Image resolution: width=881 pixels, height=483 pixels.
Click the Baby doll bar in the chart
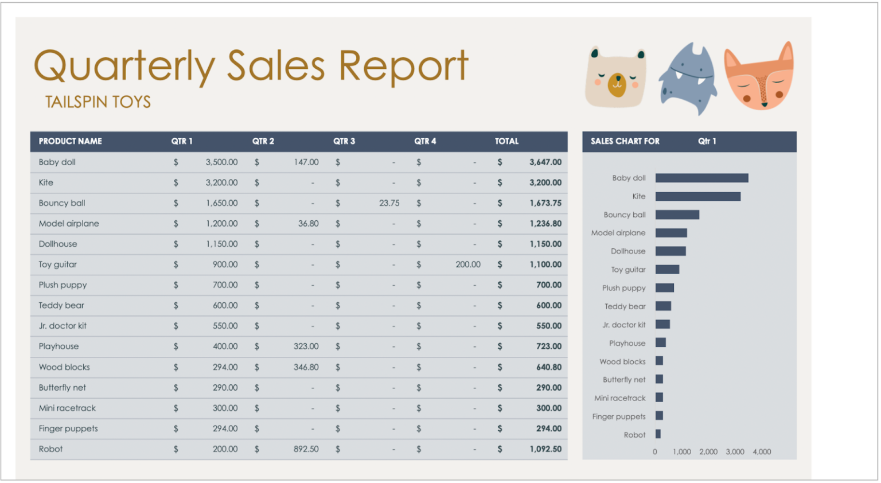[x=701, y=178]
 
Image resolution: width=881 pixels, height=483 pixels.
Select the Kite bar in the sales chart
[x=697, y=196]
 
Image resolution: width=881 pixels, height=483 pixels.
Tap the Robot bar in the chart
[x=658, y=434]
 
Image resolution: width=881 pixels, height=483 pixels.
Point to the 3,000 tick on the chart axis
[x=735, y=451]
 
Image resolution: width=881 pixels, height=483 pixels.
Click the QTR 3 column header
[x=344, y=141]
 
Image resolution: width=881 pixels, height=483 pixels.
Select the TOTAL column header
[x=506, y=141]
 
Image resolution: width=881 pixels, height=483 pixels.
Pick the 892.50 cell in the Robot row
[x=306, y=449]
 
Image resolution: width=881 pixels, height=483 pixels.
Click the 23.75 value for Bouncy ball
[x=389, y=203]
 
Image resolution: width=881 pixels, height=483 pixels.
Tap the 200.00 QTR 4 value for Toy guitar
[x=468, y=264]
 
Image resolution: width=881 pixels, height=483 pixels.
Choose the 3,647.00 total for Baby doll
[x=545, y=162]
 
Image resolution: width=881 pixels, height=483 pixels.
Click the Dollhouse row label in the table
[x=58, y=244]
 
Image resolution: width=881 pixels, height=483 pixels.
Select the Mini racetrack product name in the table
[x=67, y=408]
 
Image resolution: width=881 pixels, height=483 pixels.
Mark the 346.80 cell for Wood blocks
[x=306, y=367]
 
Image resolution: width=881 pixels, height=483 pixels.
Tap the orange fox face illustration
[x=759, y=77]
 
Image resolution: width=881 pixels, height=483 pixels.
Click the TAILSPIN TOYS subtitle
[x=98, y=102]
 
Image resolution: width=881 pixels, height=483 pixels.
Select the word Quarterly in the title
[x=124, y=66]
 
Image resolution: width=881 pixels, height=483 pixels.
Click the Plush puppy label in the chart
[x=623, y=288]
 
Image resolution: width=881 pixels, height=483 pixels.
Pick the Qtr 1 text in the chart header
[x=707, y=141]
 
